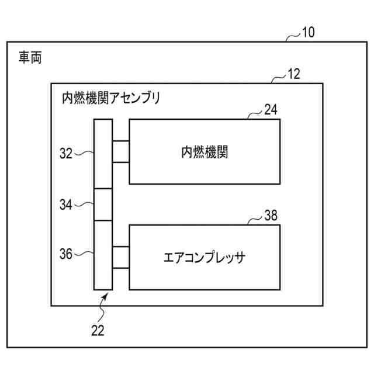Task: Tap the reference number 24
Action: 271,109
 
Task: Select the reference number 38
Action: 271,215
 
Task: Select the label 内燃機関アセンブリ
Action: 110,98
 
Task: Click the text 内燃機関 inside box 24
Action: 204,152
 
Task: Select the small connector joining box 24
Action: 120,151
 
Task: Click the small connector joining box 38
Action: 120,257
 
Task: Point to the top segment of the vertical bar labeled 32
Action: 103,154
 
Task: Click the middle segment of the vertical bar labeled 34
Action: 103,205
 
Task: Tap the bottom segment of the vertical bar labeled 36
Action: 103,255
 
